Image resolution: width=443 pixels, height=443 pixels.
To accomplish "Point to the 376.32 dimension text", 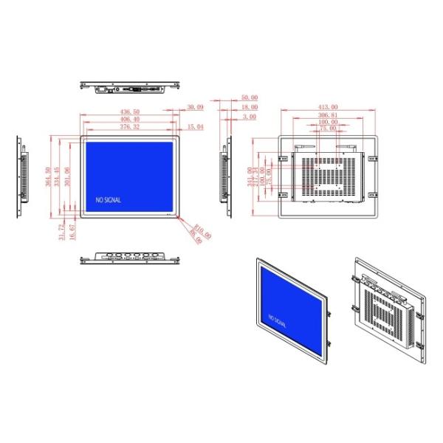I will tap(128, 127).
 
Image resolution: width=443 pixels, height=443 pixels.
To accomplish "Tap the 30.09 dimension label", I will tap(195, 108).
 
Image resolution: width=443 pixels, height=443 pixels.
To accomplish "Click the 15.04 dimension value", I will tap(195, 127).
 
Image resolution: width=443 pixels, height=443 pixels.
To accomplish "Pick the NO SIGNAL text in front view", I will tap(108, 199).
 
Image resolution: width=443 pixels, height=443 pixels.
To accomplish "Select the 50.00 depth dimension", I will tap(250, 97).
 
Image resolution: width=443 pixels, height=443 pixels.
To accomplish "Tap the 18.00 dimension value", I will tap(250, 107).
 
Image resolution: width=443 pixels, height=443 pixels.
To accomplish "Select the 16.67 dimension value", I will tap(72, 230).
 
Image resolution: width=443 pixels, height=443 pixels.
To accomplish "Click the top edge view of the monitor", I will tap(131, 89).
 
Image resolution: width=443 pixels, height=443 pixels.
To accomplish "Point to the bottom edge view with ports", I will tap(131, 257).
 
